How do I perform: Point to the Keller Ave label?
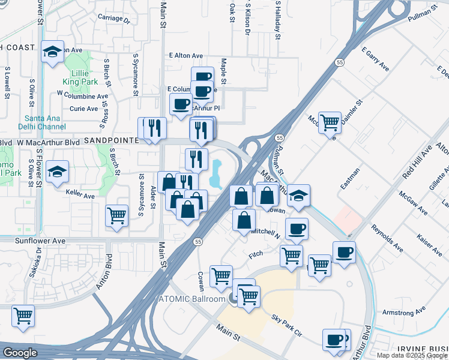point(81,196)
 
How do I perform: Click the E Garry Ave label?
point(375,60)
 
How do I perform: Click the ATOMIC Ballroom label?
point(191,299)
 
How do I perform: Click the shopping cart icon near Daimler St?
point(330,122)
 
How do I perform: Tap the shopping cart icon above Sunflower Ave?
point(116,215)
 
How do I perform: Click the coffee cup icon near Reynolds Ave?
point(343,252)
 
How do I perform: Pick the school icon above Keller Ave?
point(58,172)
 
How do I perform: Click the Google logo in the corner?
point(20,353)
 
